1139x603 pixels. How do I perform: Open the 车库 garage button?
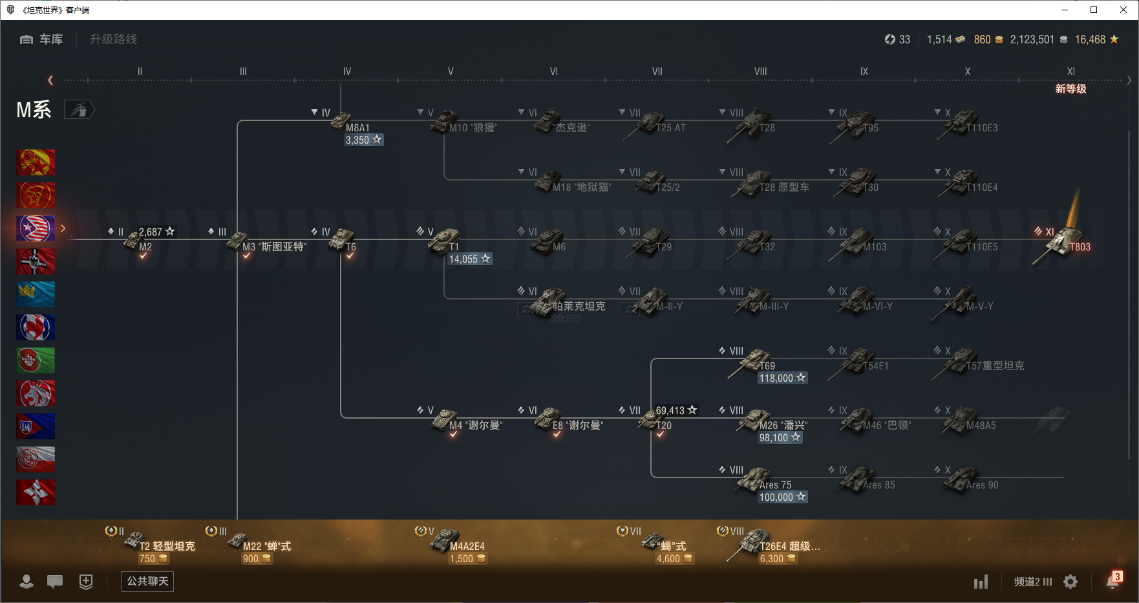tap(42, 39)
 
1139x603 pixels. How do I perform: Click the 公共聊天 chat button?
tap(147, 581)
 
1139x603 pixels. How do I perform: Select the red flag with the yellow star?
tap(36, 162)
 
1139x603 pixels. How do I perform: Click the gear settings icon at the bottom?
tap(1070, 582)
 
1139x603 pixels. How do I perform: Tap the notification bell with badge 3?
tap(1112, 581)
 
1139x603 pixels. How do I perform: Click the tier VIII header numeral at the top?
tap(760, 72)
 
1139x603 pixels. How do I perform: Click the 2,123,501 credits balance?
tap(1032, 40)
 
